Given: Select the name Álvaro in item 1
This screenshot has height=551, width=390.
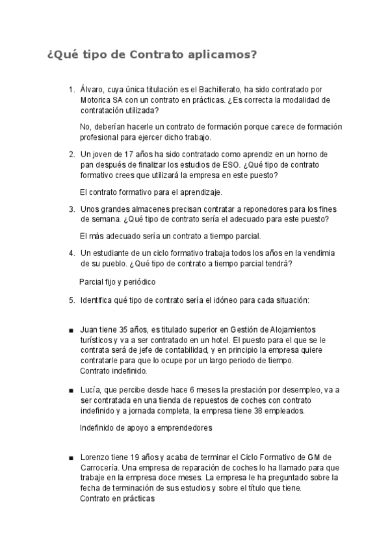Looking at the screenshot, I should (x=92, y=89).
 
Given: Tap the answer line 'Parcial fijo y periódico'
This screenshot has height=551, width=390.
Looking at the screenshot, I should (x=117, y=283).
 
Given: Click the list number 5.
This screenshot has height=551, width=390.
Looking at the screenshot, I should (x=71, y=300).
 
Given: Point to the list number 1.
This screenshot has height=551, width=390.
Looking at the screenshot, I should (x=71, y=89).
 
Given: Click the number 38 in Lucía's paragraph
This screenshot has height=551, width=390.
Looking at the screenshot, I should (x=270, y=411).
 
